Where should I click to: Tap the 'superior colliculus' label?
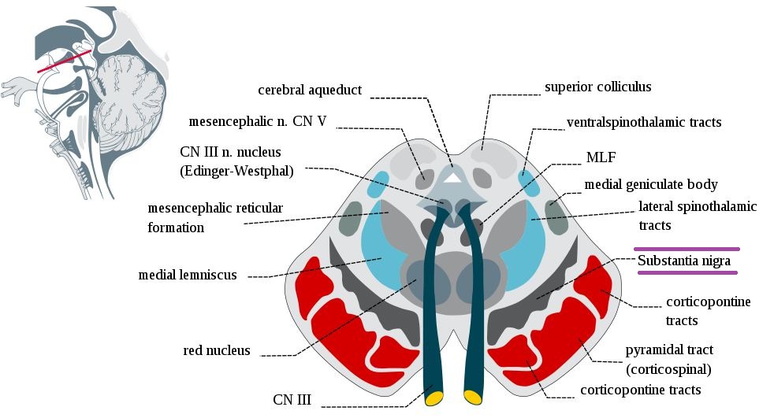(597, 86)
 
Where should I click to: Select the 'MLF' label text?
(600, 157)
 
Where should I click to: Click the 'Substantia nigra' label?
(684, 261)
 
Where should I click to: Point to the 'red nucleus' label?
(216, 350)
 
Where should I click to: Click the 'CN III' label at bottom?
(292, 400)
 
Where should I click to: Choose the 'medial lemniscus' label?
(187, 275)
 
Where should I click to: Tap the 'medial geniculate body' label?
(650, 184)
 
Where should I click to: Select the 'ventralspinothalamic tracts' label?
(644, 123)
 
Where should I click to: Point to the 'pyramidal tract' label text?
(669, 349)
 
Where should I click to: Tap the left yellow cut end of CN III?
(434, 398)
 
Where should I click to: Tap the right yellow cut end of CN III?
(472, 397)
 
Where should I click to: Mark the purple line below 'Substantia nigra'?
(687, 272)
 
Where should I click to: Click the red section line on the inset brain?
(64, 61)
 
